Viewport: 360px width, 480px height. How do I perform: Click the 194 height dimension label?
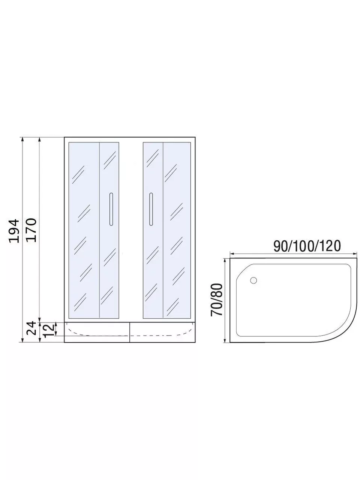point(14,231)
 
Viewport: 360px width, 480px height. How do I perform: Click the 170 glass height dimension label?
point(31,230)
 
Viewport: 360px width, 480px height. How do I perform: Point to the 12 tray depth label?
point(48,330)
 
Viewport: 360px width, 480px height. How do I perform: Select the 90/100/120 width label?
point(307,246)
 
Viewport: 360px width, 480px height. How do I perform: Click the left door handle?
point(111,209)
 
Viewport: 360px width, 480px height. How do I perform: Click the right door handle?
point(151,209)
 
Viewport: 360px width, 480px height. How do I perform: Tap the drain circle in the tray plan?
point(253,280)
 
